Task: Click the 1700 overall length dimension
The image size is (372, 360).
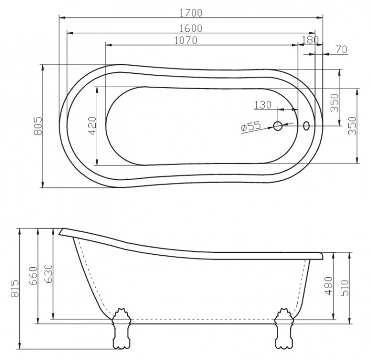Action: pyautogui.click(x=191, y=13)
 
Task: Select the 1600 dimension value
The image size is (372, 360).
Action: pyautogui.click(x=191, y=28)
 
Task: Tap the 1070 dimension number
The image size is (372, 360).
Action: pyautogui.click(x=186, y=41)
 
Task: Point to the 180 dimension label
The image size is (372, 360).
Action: pyautogui.click(x=310, y=40)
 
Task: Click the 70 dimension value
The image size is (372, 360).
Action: pyautogui.click(x=342, y=50)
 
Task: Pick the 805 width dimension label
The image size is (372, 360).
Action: pyautogui.click(x=38, y=125)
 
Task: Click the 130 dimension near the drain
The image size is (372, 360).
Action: pyautogui.click(x=262, y=105)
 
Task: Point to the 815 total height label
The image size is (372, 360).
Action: pyautogui.click(x=15, y=288)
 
